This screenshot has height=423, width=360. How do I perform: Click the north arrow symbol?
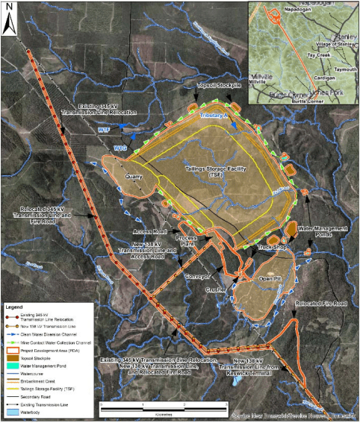pos(10,22)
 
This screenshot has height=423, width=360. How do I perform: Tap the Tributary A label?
pos(214,116)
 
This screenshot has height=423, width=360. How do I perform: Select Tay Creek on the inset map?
pos(299,54)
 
